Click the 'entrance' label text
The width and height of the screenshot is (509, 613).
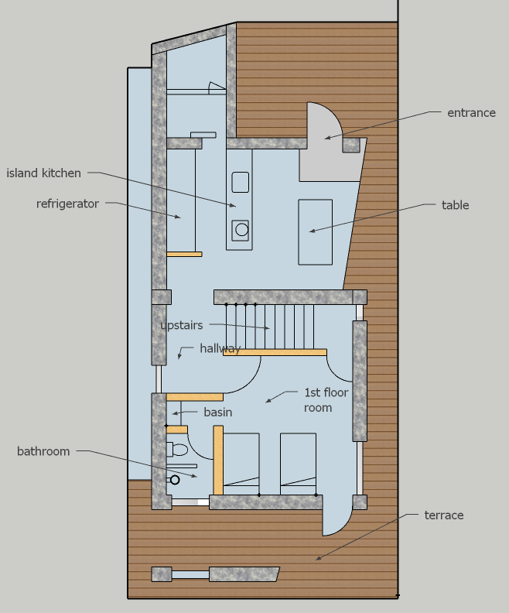[x=471, y=113]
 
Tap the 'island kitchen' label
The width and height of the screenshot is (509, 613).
[x=44, y=173]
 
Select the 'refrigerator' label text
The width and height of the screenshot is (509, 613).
[x=67, y=204]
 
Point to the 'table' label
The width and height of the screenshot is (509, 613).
[x=455, y=205]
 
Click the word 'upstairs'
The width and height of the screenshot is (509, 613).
[x=182, y=325]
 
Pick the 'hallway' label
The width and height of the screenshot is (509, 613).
[x=220, y=348]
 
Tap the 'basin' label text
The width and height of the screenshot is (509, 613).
[x=218, y=412]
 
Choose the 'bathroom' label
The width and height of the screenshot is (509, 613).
[x=43, y=451]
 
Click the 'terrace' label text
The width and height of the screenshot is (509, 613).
[x=444, y=515]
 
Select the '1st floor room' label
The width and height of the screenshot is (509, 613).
[x=326, y=400]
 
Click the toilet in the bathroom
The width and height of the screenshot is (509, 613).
[x=177, y=449]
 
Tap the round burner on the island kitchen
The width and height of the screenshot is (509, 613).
[x=242, y=229]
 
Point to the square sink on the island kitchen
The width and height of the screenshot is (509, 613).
[x=241, y=182]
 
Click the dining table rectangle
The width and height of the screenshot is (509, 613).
[x=316, y=232]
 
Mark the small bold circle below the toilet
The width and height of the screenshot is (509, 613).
[x=175, y=480]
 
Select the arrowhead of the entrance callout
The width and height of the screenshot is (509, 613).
[x=327, y=137]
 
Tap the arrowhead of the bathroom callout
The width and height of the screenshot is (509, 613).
[x=194, y=475]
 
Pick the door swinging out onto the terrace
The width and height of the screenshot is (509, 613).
[x=336, y=516]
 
